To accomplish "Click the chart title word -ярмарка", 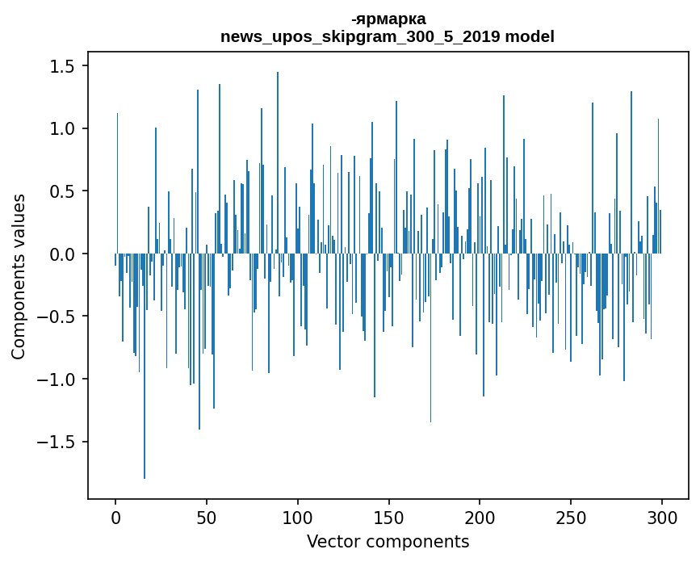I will (388, 19).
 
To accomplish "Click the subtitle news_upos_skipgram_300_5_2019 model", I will (388, 36).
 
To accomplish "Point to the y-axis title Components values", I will (19, 276).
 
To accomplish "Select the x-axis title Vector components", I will (388, 541).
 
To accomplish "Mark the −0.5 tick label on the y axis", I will (58, 317).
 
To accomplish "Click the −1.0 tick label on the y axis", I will (58, 380).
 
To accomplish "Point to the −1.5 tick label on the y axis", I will (58, 442).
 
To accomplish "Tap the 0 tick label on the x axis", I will (115, 516).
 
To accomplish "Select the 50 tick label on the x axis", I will (207, 516).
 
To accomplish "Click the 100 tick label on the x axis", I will (298, 516).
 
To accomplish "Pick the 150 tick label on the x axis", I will (388, 516).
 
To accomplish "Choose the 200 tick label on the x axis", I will (480, 516).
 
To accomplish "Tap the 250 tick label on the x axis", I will (571, 516).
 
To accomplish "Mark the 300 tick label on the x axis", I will (662, 516).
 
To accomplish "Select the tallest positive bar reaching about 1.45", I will (278, 161).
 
